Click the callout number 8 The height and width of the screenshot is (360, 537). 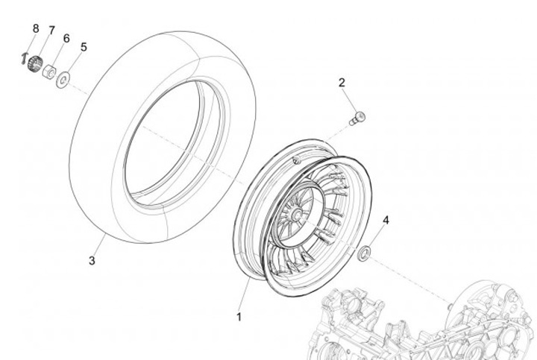[35, 28]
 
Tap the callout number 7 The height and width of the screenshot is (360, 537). [51, 30]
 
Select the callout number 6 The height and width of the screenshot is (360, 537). [66, 38]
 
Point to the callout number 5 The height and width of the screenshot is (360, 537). [83, 46]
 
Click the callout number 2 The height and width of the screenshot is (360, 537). [342, 82]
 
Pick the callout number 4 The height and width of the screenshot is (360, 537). [386, 220]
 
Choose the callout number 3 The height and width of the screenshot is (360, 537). [92, 261]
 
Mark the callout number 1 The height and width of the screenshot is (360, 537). [239, 317]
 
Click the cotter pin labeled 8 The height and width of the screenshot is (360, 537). [25, 57]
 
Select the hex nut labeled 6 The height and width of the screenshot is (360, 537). [48, 72]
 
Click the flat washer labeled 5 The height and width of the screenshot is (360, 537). [65, 78]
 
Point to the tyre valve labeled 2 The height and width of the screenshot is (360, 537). [357, 117]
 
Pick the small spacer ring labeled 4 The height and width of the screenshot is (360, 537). [365, 254]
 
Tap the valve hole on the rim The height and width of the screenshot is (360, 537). [296, 160]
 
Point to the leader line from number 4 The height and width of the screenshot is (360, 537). [377, 238]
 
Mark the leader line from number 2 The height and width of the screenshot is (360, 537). [349, 100]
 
